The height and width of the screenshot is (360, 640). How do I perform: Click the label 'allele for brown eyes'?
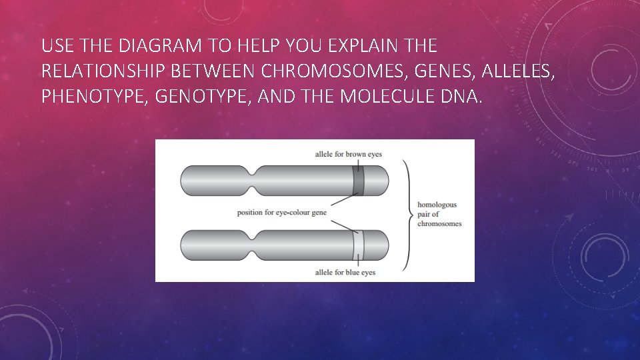349,154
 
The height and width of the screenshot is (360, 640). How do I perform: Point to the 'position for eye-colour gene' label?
282,213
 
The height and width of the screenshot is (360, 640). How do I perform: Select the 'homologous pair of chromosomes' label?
439,214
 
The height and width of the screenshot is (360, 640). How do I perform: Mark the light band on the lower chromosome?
358,245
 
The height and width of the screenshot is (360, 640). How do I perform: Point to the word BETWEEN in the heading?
206,71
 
